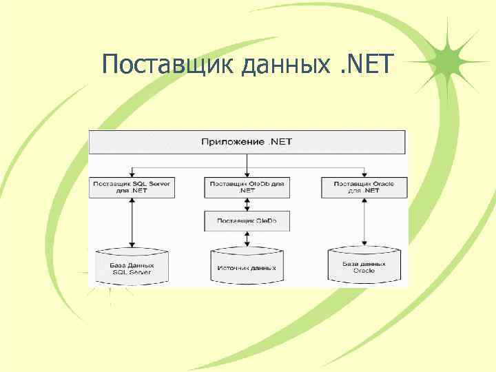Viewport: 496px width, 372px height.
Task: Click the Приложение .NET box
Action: pyautogui.click(x=247, y=142)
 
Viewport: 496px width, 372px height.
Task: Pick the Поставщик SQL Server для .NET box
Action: pyautogui.click(x=132, y=187)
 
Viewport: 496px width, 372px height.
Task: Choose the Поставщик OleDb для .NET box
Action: pyautogui.click(x=247, y=187)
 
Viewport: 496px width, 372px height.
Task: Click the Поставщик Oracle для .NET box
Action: pyautogui.click(x=363, y=187)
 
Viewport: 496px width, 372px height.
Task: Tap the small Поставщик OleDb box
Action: pyautogui.click(x=247, y=220)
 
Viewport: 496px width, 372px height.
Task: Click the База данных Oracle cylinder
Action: pyautogui.click(x=363, y=266)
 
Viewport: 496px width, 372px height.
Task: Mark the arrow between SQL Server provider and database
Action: pyautogui.click(x=132, y=220)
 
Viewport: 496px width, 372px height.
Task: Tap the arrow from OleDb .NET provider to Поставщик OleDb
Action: pyautogui.click(x=247, y=204)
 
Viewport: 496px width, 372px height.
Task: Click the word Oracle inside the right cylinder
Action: pyautogui.click(x=363, y=271)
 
